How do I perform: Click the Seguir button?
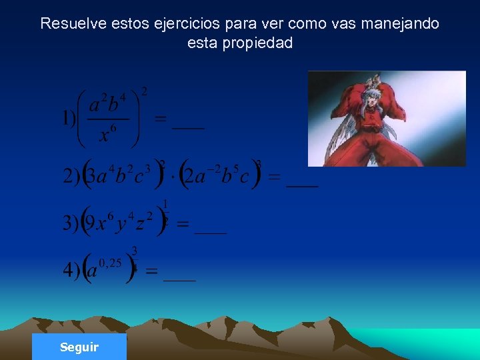[79, 347]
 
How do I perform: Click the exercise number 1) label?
[69, 119]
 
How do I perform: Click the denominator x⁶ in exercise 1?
[107, 135]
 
